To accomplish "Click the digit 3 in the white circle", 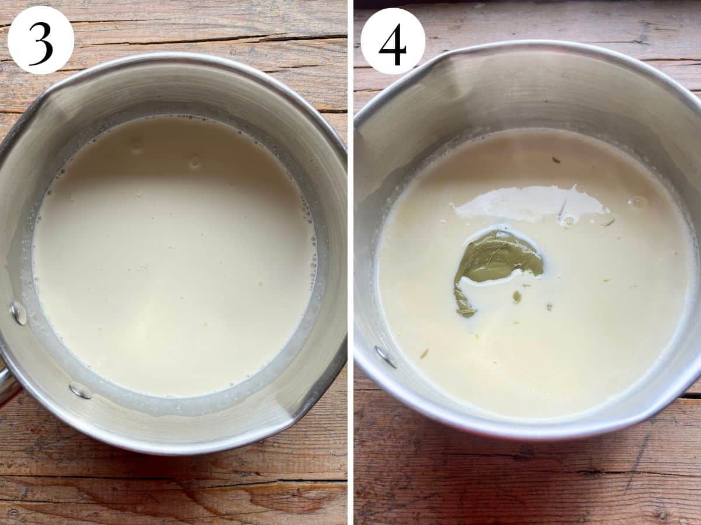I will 41,43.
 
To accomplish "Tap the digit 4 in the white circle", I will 392,44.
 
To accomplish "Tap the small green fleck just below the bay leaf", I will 516,297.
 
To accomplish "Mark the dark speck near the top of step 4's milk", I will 556,159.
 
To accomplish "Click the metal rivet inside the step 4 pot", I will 385,356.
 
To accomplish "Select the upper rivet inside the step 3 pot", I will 19,313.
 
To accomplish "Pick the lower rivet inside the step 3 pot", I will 81,390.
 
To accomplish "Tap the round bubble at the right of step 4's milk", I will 638,202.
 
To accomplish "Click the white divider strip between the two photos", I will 350,263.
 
